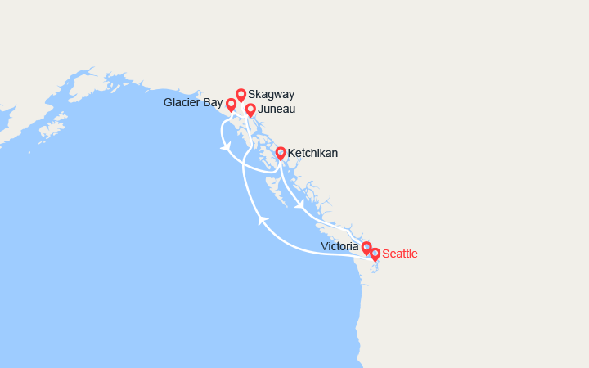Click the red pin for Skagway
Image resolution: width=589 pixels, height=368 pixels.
[x=241, y=95]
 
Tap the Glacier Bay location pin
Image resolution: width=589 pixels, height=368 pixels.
[x=231, y=105]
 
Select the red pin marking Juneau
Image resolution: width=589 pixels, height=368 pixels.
[x=250, y=110]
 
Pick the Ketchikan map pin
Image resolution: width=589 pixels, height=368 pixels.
[x=281, y=153]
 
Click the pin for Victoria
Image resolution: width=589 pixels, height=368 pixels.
[x=366, y=247]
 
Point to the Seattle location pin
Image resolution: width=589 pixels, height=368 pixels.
[x=375, y=254]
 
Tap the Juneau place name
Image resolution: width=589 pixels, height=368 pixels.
[x=277, y=109]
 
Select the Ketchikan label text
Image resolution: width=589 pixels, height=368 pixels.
[x=312, y=153]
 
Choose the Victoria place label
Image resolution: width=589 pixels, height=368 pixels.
[x=340, y=246]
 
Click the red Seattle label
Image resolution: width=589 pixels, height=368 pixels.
[x=400, y=254]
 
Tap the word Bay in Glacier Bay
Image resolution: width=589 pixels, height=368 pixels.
[x=213, y=103]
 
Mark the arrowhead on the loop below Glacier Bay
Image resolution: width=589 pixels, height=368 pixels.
[x=224, y=147]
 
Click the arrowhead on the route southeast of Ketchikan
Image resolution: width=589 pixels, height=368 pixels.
[x=299, y=203]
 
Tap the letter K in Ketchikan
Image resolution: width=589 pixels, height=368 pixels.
[x=292, y=153]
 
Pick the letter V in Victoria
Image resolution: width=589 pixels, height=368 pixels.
[x=326, y=246]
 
